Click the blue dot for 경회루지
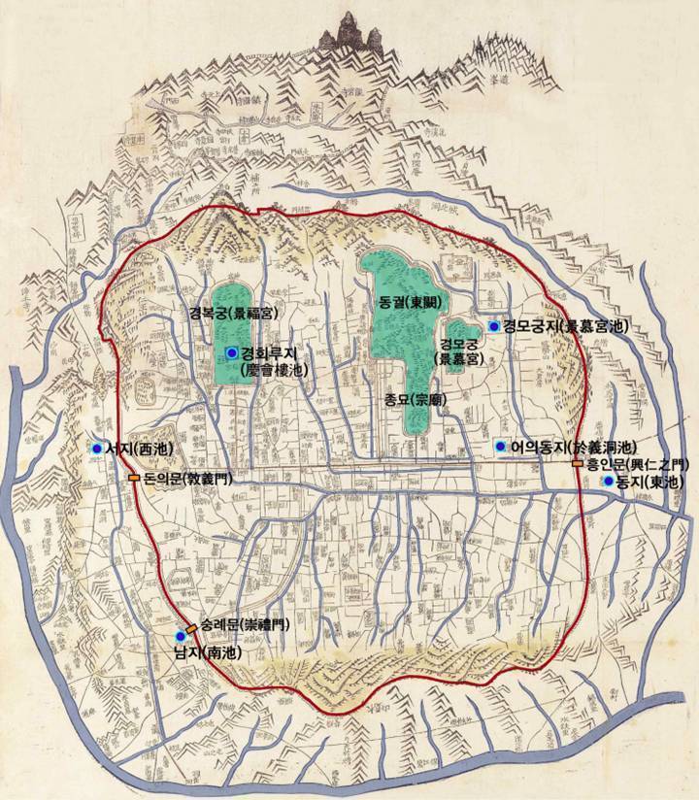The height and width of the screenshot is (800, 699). click(231, 352)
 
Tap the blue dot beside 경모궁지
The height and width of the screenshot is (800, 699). click(495, 326)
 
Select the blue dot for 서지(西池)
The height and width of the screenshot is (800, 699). click(96, 449)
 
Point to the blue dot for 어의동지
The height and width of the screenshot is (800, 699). click(501, 447)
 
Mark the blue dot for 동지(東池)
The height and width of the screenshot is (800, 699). click(608, 481)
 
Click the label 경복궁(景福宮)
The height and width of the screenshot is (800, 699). click(234, 313)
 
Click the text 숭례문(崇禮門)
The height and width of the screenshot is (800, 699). click(244, 623)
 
